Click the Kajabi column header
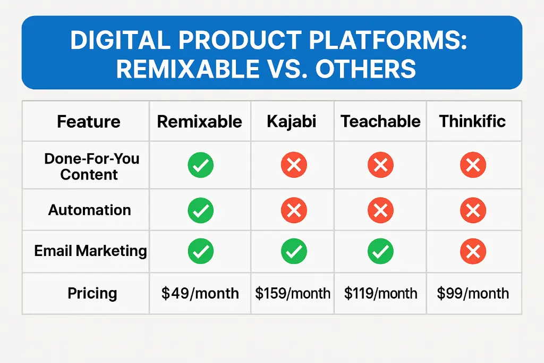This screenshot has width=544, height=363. coord(292,122)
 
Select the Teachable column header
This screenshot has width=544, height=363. coord(380,121)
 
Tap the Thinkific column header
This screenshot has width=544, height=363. coord(472,121)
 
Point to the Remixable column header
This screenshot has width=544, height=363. coord(200,122)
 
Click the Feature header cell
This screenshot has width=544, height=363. coord(89,122)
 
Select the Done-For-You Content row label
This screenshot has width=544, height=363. coord(91,167)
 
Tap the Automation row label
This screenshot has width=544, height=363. coord(89,210)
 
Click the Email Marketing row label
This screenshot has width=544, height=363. coord(90,251)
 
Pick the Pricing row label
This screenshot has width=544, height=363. coord(92,293)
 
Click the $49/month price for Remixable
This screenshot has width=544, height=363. coord(200,293)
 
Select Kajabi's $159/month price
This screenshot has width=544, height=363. coord(293,293)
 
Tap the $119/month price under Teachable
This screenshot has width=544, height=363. coord(380,293)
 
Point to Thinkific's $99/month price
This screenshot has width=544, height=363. coord(473,293)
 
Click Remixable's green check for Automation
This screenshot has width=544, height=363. coord(200,210)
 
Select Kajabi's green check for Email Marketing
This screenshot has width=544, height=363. coord(294,251)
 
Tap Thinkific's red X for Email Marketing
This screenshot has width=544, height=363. coord(473,251)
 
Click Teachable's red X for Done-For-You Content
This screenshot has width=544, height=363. coord(380,165)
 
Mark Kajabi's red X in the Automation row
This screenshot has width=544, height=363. coord(294,210)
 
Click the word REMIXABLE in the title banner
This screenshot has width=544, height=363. coord(188,69)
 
